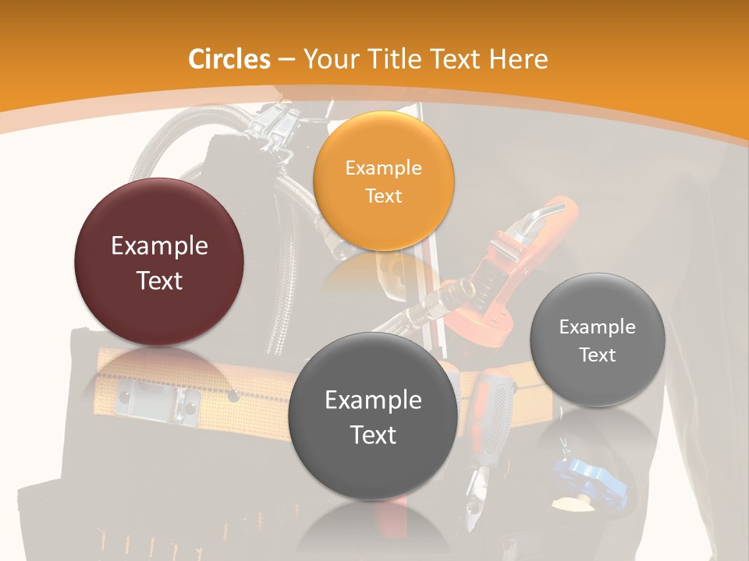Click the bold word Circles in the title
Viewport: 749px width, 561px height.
tap(229, 59)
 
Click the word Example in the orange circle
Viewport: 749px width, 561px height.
tap(383, 168)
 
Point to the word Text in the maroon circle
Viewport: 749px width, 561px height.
tap(159, 280)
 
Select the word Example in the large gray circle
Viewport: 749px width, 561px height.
tap(373, 400)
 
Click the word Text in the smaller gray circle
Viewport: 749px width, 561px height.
tap(598, 355)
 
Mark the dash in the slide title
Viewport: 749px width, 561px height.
tap(286, 59)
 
